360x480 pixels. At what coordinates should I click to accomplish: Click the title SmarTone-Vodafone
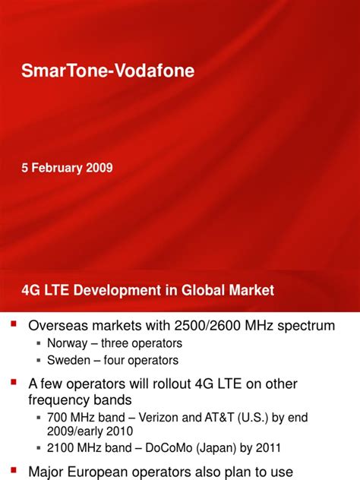[107, 71]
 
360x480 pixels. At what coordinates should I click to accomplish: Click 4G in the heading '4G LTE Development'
[30, 290]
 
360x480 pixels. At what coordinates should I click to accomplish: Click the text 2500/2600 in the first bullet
[213, 326]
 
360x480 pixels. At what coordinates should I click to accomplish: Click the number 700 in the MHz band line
[58, 417]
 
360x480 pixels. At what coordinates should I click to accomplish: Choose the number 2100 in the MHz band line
[62, 449]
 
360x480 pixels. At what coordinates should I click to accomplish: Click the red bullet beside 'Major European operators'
[13, 470]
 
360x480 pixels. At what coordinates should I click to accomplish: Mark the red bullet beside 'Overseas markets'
[13, 325]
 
